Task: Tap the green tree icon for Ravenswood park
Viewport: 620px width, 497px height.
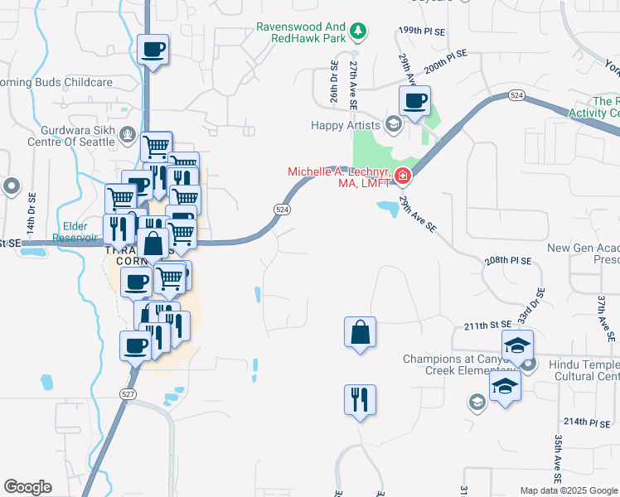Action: click(359, 31)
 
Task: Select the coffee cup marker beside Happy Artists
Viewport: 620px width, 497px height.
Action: click(415, 102)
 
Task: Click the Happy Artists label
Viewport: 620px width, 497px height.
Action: click(345, 126)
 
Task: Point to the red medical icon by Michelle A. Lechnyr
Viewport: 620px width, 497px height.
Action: click(402, 175)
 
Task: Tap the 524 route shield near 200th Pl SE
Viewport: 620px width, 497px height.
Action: click(516, 96)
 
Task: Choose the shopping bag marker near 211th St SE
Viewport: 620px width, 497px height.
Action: click(360, 333)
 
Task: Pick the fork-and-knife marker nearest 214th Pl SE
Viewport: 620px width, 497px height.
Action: click(360, 400)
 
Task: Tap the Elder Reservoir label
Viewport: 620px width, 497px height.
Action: click(73, 231)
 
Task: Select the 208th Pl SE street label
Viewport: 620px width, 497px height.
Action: click(508, 260)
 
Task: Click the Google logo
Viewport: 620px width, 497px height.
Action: click(27, 487)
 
